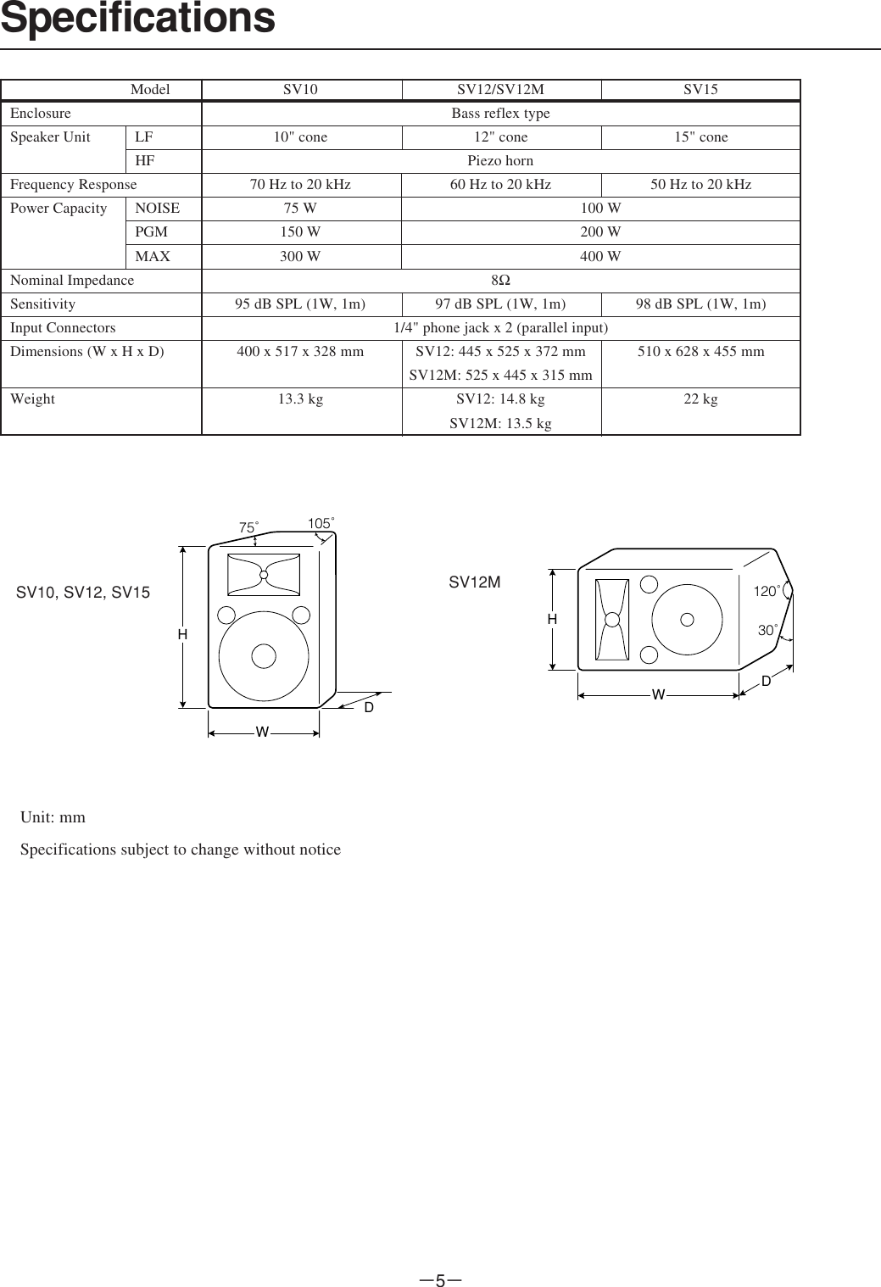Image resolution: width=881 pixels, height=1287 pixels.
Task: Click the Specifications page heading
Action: pos(138,19)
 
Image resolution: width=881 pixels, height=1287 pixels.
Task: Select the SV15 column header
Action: pos(700,89)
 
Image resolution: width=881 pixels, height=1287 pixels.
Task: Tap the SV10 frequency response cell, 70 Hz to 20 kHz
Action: pos(300,185)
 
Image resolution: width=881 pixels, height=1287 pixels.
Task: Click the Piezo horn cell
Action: pos(500,161)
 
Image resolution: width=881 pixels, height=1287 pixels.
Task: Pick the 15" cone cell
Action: pos(700,136)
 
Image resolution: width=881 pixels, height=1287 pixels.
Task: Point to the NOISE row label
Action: pos(158,208)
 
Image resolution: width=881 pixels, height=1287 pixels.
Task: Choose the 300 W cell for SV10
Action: pos(300,256)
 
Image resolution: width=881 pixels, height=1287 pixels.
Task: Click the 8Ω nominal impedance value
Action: pos(500,281)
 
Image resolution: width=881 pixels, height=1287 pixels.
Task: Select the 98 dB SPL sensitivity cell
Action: pos(700,304)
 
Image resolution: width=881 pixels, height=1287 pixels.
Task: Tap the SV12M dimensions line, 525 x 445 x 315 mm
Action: pos(500,376)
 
